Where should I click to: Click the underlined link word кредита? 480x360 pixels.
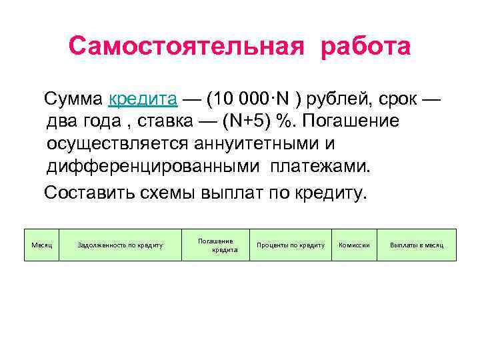coord(143,100)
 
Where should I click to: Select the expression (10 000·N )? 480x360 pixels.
coord(253,100)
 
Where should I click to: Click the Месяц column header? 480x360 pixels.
coord(41,245)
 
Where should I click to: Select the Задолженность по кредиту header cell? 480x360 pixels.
coord(120,245)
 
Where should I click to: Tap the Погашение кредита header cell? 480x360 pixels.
coord(215,245)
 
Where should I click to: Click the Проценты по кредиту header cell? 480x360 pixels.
coord(291,245)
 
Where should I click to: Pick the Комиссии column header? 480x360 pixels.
coord(354,245)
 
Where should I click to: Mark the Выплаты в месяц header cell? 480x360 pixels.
coord(417,245)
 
